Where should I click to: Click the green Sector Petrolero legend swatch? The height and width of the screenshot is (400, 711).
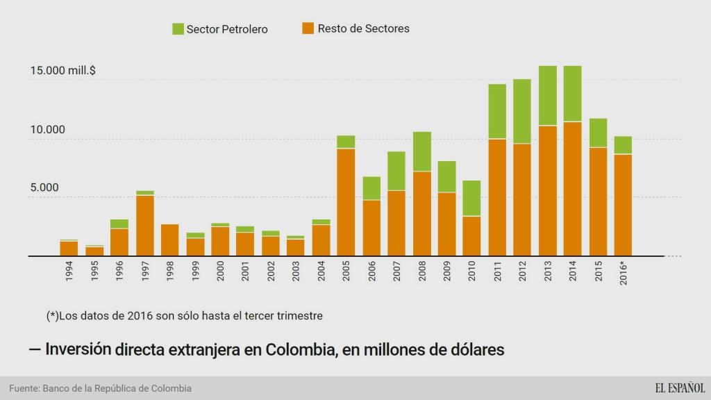coord(178,29)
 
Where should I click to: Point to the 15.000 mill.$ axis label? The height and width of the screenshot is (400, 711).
coord(62,71)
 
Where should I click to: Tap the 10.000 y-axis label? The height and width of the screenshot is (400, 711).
coord(47,130)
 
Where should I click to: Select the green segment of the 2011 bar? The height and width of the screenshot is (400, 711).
coord(497,111)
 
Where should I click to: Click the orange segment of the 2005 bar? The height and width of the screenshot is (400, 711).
coord(346,201)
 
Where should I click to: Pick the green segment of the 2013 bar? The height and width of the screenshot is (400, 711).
coord(548,95)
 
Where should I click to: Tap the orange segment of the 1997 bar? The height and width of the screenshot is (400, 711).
coord(144,225)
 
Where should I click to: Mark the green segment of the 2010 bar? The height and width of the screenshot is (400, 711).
coord(472,198)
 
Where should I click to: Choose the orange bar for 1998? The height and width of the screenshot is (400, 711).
coord(170,240)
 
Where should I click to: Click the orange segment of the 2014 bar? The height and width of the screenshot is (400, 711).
coord(573,188)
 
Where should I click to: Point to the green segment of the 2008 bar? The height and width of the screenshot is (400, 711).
coord(421,151)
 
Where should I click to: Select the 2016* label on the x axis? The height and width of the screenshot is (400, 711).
coord(624,272)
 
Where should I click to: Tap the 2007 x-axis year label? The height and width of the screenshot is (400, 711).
coord(396,272)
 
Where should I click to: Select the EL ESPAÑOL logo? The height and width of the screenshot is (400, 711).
coord(679,388)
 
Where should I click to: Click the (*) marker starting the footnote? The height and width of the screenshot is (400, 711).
coord(52,316)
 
